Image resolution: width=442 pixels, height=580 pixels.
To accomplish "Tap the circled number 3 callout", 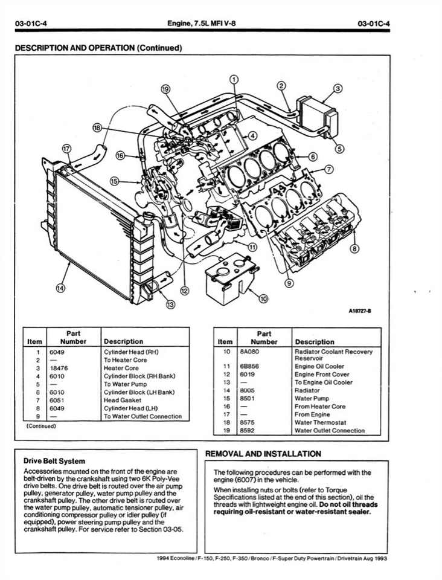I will point(338,88).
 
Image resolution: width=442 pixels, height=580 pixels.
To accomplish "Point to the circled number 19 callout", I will point(165,89).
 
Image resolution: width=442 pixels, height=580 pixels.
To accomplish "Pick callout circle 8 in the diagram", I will point(354,248).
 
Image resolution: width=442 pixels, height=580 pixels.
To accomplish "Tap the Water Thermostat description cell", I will point(321,422).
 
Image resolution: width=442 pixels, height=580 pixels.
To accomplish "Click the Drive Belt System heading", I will point(54,461).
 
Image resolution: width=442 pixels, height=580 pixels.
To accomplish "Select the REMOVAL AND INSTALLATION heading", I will point(263,454).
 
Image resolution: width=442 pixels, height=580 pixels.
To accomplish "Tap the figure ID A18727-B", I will point(359,311).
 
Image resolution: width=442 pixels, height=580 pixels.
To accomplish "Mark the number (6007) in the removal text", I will point(240,480).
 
